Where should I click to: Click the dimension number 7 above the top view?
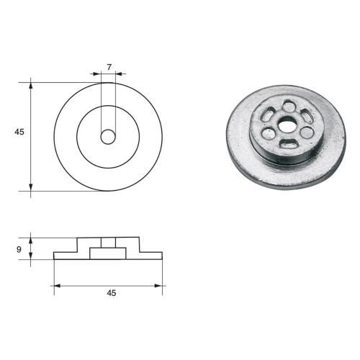(109, 67)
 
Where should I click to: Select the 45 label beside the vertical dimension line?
(19, 132)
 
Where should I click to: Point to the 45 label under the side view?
(111, 293)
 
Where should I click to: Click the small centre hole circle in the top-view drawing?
(108, 136)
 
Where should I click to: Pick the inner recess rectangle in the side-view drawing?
(108, 252)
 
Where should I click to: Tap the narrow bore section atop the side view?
(108, 241)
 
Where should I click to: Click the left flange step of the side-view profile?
(66, 254)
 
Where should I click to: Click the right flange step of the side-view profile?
(151, 254)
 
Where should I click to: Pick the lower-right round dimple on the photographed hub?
(307, 132)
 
